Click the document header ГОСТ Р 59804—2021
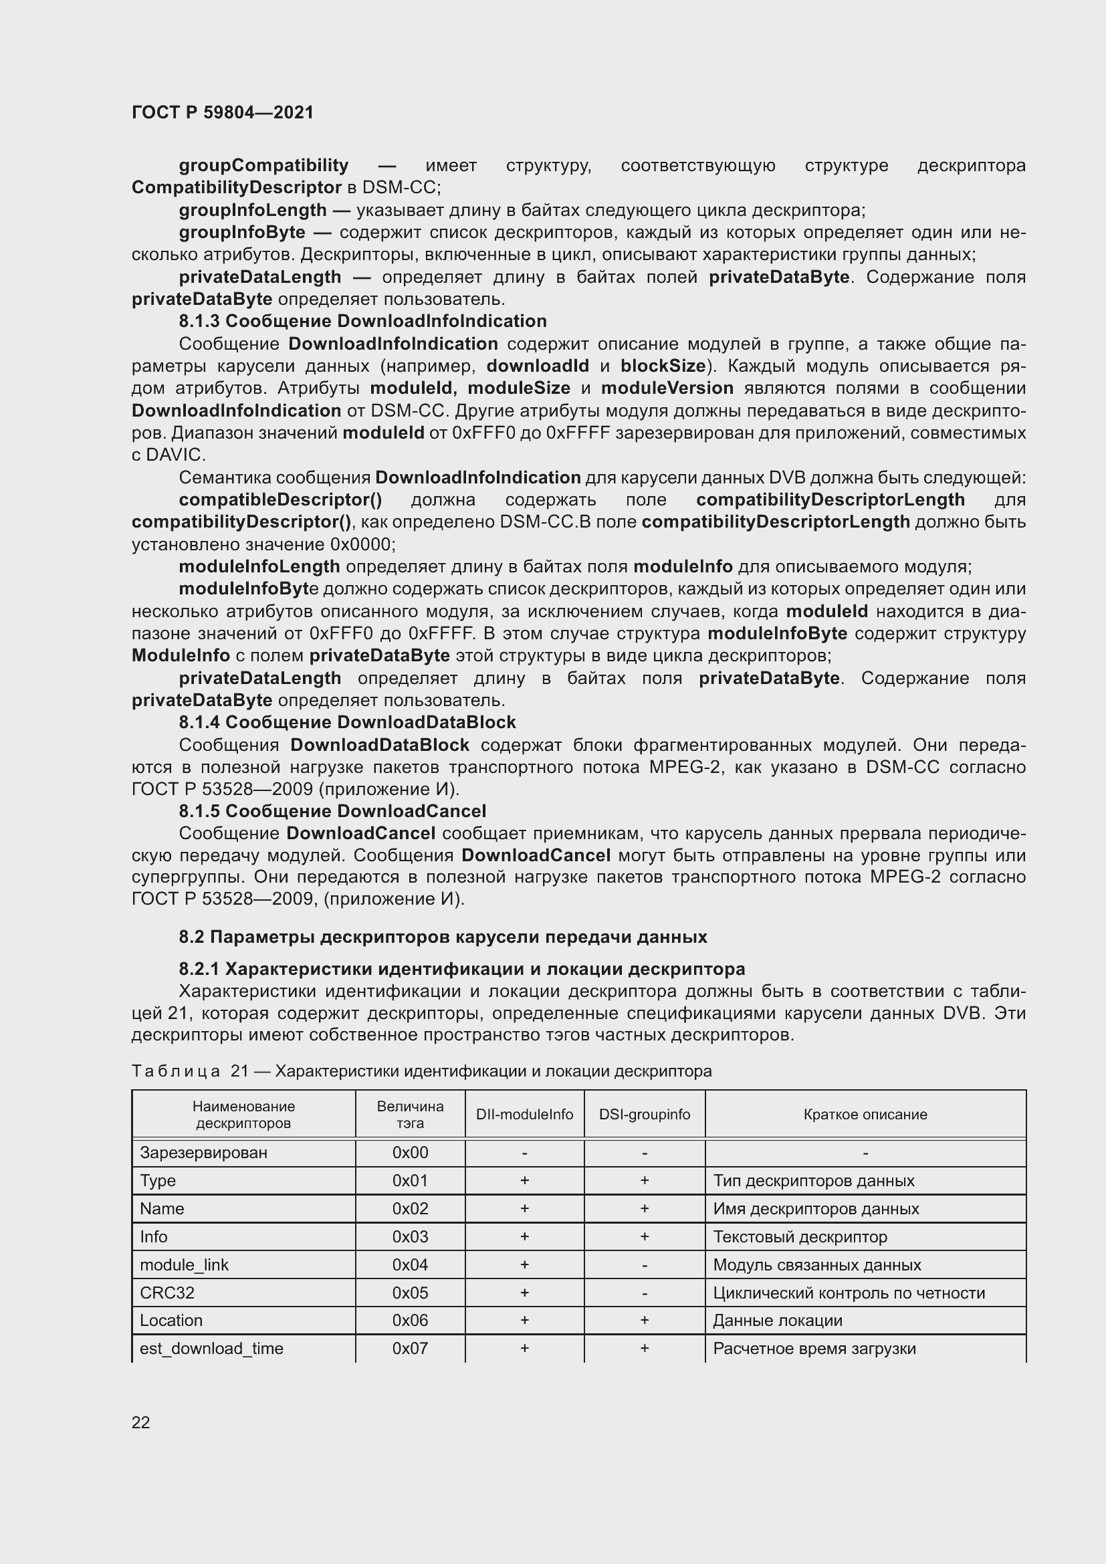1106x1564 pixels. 223,112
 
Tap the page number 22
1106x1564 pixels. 141,1422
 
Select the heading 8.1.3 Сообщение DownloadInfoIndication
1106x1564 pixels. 362,321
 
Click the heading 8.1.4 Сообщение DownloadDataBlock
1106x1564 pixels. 346,722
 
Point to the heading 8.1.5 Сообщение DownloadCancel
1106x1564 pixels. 332,811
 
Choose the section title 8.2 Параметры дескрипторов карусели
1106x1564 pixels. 443,937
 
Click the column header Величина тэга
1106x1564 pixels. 410,1115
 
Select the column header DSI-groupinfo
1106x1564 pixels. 644,1115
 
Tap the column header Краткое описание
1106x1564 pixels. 865,1115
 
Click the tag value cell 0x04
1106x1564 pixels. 410,1265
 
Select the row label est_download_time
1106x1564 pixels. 211,1349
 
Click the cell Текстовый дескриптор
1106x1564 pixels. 800,1237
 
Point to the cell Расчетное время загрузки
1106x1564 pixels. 814,1349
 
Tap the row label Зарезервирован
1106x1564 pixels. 203,1153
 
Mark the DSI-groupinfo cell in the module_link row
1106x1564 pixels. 644,1265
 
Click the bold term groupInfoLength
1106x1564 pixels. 253,210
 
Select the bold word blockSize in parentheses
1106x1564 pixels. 663,366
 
